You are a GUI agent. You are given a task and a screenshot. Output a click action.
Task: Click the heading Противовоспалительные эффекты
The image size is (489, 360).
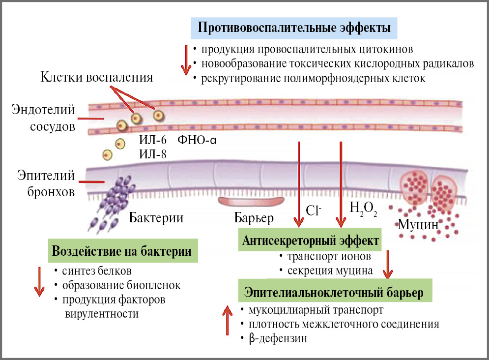pyautogui.click(x=294, y=28)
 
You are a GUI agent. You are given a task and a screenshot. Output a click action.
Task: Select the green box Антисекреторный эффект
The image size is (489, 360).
pyautogui.click(x=311, y=241)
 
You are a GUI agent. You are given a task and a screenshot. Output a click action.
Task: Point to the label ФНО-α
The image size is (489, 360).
pyautogui.click(x=197, y=141)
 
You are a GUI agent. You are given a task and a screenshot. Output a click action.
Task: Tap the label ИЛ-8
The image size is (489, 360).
pyautogui.click(x=153, y=154)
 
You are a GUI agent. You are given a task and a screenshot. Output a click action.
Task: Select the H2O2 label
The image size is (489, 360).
pyautogui.click(x=363, y=209)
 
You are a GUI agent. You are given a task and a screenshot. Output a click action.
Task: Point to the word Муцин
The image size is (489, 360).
pyautogui.click(x=418, y=225)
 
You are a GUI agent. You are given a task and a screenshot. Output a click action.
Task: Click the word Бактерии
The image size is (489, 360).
pyautogui.click(x=156, y=217)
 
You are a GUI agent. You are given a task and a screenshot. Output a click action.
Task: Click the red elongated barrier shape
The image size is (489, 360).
pyautogui.click(x=251, y=202)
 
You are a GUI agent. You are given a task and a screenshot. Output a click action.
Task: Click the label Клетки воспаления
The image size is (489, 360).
pyautogui.click(x=96, y=78)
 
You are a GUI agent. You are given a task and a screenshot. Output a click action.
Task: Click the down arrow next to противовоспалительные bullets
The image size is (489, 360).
pyautogui.click(x=186, y=60)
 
